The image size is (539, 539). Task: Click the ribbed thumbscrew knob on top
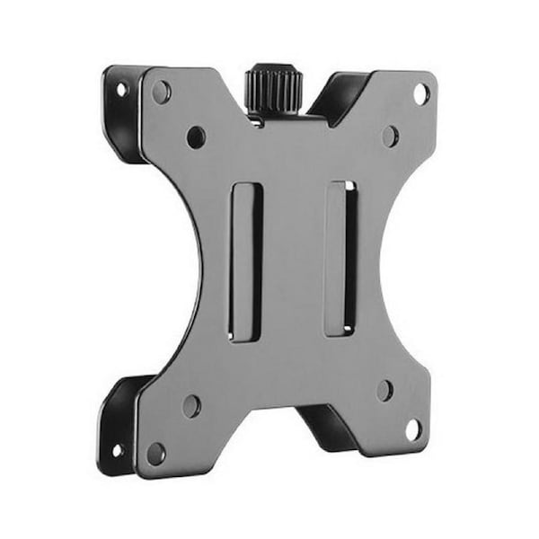pos(275,87)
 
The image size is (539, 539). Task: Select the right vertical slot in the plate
pos(340,259)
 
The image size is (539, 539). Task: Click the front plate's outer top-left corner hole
pos(162,91)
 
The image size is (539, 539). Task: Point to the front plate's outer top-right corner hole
pos(420,93)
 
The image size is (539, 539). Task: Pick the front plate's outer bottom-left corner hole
pos(156,452)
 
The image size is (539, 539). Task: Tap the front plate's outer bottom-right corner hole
pos(412,429)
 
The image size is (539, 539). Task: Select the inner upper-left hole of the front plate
pos(195,137)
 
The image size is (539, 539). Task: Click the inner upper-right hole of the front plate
pos(390,136)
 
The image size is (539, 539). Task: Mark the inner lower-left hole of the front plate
pos(191,405)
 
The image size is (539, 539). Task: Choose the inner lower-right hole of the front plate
pos(384,390)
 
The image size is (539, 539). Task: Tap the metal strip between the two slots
pos(293,261)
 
